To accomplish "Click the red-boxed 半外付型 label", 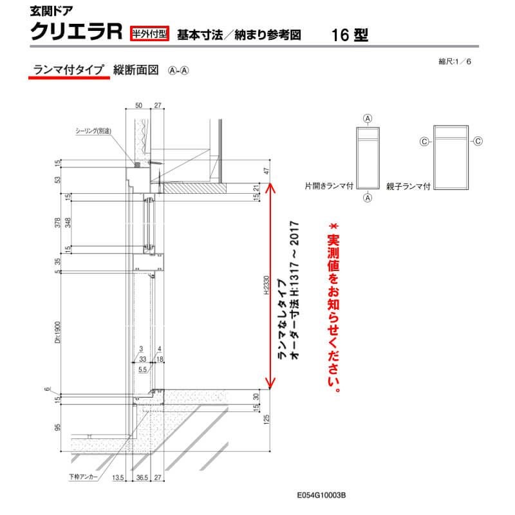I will [x=149, y=33].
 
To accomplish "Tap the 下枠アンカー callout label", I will [x=84, y=477].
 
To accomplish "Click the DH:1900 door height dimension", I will [x=57, y=332].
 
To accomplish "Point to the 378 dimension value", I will [x=57, y=223].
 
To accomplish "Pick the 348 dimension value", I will [x=68, y=223].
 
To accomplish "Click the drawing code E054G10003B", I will [x=323, y=496].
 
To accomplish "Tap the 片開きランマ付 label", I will [x=330, y=185].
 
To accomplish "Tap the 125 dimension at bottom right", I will [x=265, y=420].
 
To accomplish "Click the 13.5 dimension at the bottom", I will [x=117, y=478].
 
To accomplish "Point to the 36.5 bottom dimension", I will [x=142, y=478].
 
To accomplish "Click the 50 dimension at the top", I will [x=138, y=105].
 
